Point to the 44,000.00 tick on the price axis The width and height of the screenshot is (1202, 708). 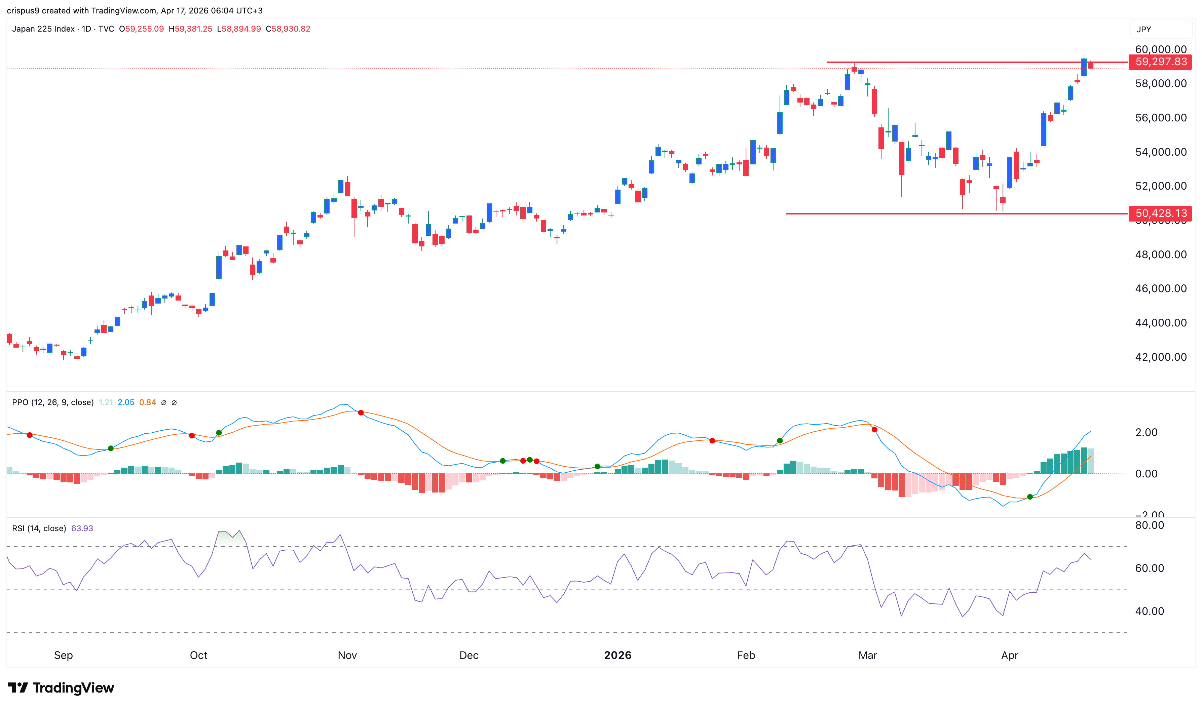click(1161, 323)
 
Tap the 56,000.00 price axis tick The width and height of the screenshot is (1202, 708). click(1161, 118)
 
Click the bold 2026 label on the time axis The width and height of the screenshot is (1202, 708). click(617, 655)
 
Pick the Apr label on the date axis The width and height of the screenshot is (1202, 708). click(1009, 655)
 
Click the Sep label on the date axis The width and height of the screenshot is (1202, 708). click(64, 655)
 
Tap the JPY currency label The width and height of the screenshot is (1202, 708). click(1144, 30)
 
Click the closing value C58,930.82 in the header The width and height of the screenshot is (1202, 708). click(288, 29)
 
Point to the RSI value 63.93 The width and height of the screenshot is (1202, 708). click(82, 528)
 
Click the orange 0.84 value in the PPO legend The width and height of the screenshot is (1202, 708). click(147, 402)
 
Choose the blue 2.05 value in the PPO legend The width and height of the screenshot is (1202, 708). click(126, 402)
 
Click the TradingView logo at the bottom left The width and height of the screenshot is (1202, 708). click(61, 687)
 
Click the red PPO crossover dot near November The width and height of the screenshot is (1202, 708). click(361, 412)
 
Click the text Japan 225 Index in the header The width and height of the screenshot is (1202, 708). click(43, 29)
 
